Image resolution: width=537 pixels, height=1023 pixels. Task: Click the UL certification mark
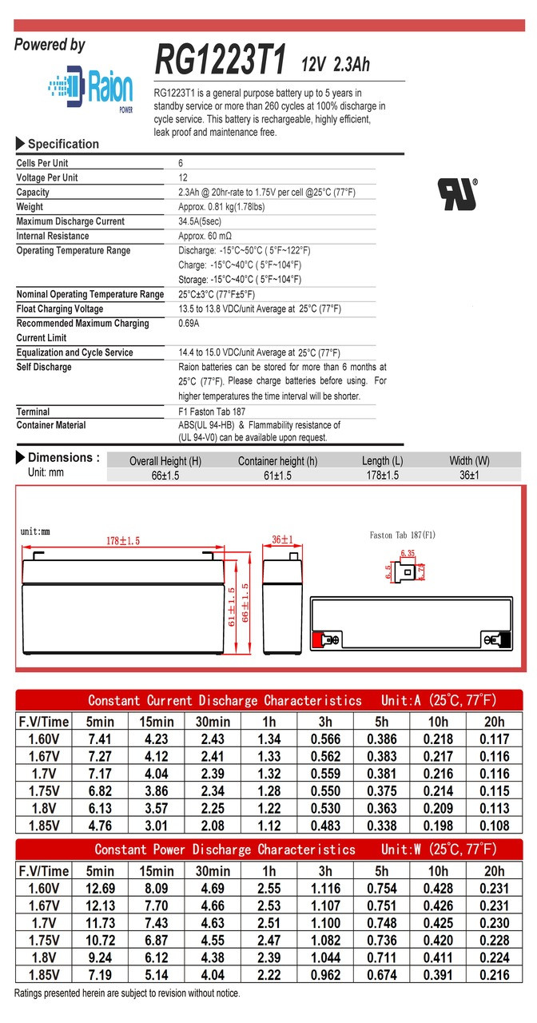tap(456, 193)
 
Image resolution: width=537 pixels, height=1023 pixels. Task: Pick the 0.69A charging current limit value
tap(189, 324)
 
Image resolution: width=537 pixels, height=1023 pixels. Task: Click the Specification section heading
tap(63, 144)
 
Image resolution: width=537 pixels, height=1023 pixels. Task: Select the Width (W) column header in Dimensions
tap(469, 460)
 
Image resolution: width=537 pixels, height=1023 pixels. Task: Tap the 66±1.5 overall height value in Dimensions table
tap(165, 476)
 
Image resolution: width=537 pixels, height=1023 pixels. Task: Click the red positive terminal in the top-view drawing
tap(326, 639)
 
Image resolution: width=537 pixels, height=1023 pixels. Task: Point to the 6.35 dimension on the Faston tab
tap(408, 553)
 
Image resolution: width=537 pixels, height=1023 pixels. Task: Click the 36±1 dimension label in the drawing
tap(282, 539)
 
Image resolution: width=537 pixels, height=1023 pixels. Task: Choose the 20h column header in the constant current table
tap(495, 722)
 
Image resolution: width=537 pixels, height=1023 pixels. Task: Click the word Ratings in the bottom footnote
tap(32, 993)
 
